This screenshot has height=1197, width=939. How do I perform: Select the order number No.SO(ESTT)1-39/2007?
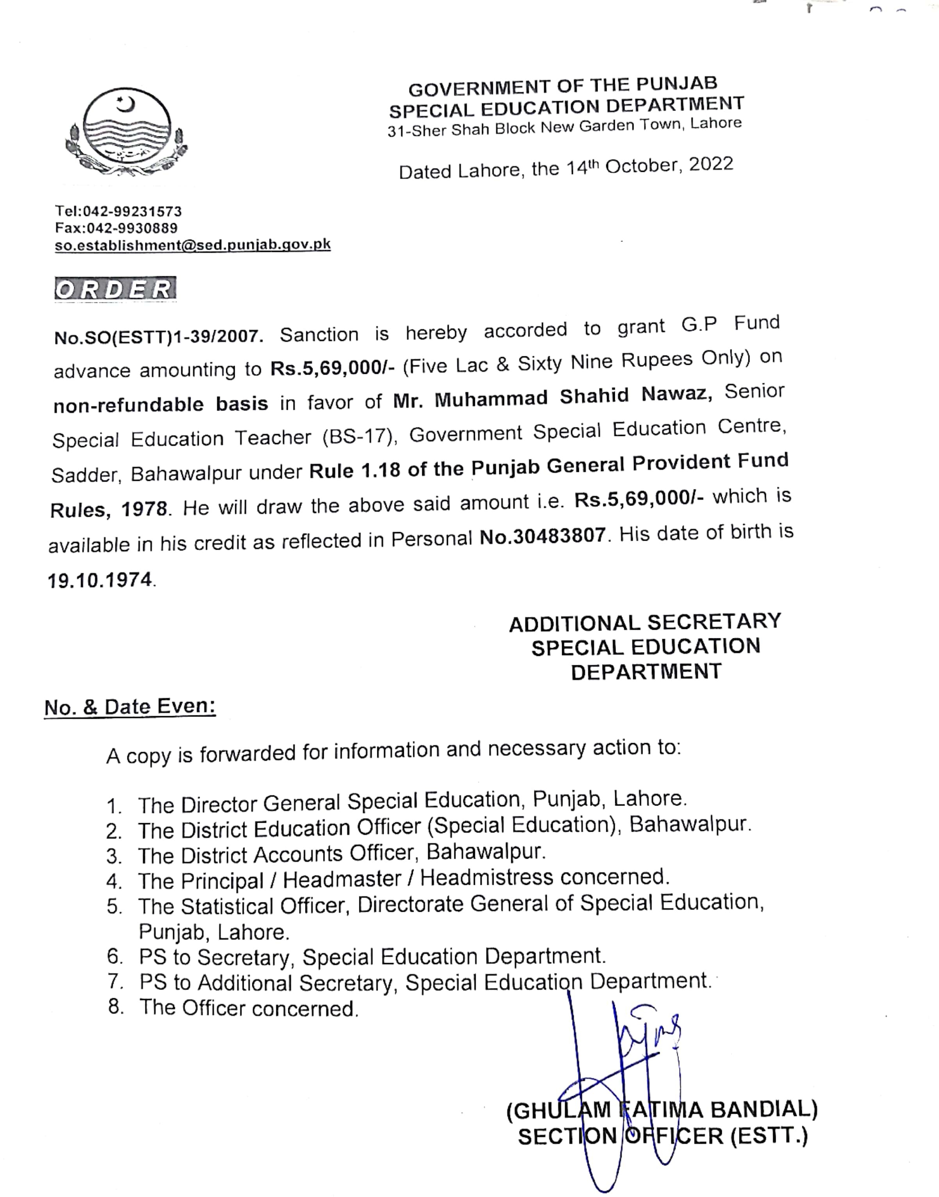[x=158, y=336]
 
